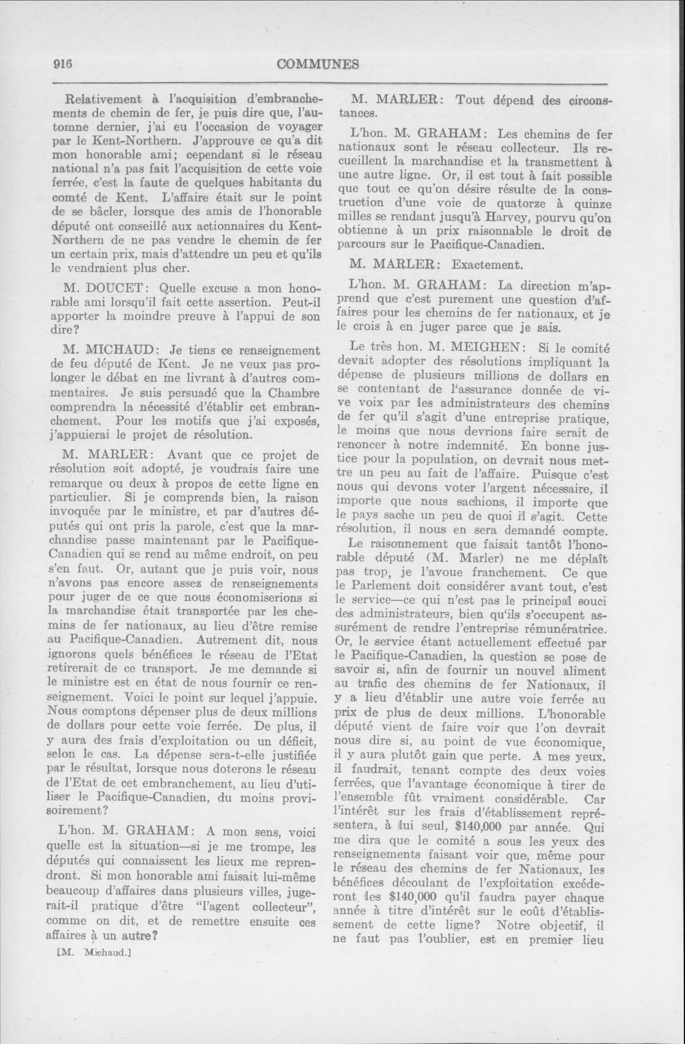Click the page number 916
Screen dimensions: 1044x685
point(62,64)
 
